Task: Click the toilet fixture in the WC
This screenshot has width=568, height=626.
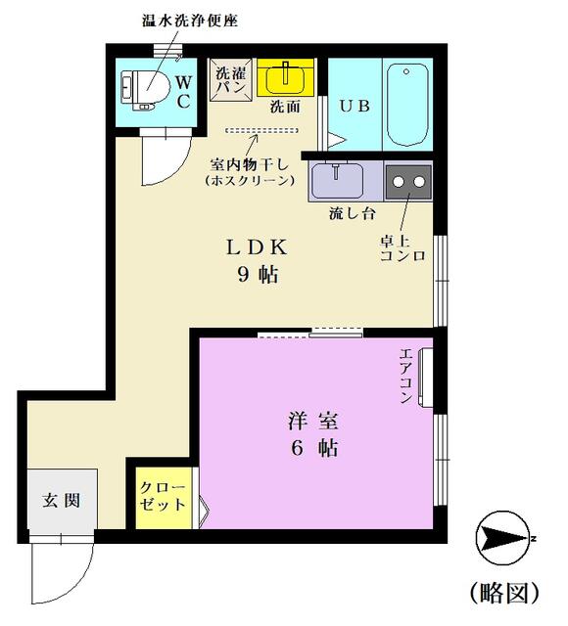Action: pos(145,90)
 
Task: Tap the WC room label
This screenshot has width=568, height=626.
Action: pos(183,93)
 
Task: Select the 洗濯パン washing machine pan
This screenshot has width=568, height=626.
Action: pos(231,80)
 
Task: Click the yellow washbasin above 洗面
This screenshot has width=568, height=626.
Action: pos(285,77)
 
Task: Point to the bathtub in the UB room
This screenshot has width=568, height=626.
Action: pos(407,105)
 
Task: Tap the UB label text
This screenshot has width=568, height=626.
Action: pos(355,106)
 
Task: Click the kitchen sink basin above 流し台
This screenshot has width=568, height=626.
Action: pos(337,180)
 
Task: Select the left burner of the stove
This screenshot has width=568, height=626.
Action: pos(399,182)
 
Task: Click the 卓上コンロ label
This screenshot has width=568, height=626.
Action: pos(402,248)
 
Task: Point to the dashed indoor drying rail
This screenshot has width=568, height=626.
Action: pos(261,130)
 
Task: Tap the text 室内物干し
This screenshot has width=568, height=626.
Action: pos(250,164)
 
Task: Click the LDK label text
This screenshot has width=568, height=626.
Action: pos(257,247)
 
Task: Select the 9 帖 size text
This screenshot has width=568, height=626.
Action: pos(259,274)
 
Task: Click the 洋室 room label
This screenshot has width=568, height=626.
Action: pos(313,422)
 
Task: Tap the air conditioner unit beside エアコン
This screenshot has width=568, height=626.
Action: pos(425,378)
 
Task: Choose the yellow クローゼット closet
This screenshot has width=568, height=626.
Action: pos(164,499)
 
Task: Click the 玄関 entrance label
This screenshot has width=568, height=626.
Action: pos(62,501)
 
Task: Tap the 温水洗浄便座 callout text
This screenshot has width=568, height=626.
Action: pos(190,21)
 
